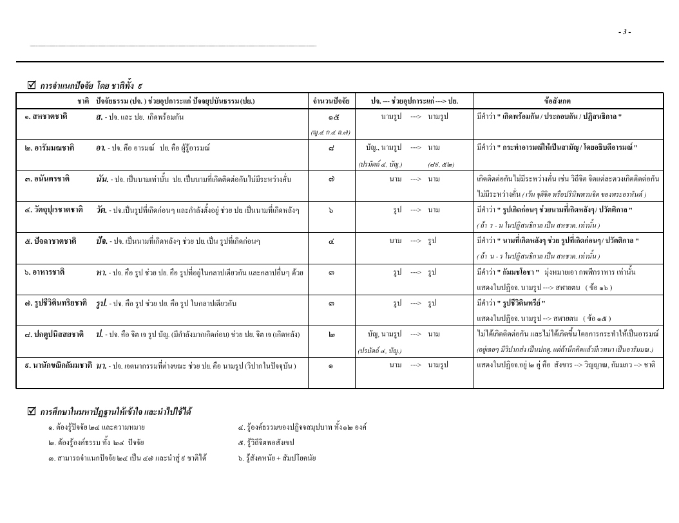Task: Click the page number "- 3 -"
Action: click(x=624, y=32)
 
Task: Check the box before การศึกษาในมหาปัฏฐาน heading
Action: click(x=32, y=410)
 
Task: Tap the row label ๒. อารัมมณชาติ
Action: click(x=45, y=147)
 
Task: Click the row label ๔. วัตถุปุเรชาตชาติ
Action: click(x=53, y=209)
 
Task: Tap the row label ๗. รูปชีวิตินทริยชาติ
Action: click(x=53, y=302)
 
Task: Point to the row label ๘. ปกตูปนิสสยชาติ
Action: click(x=51, y=334)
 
